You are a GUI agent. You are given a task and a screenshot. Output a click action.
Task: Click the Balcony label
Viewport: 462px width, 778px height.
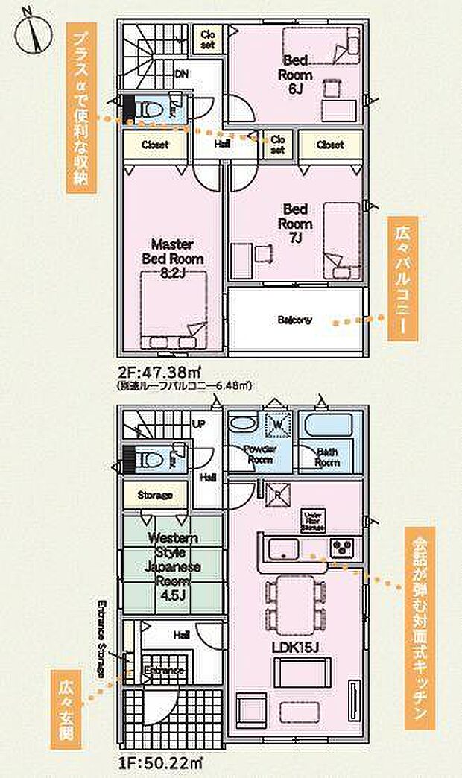[x=295, y=320]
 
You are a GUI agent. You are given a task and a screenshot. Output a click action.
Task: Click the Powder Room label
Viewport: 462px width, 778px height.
[x=260, y=454]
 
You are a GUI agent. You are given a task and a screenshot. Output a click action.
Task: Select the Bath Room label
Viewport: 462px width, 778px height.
[x=328, y=457]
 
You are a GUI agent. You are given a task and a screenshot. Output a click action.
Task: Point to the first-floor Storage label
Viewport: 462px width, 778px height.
[x=154, y=495]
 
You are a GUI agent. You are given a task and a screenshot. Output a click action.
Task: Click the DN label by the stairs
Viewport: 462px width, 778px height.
[x=181, y=74]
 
